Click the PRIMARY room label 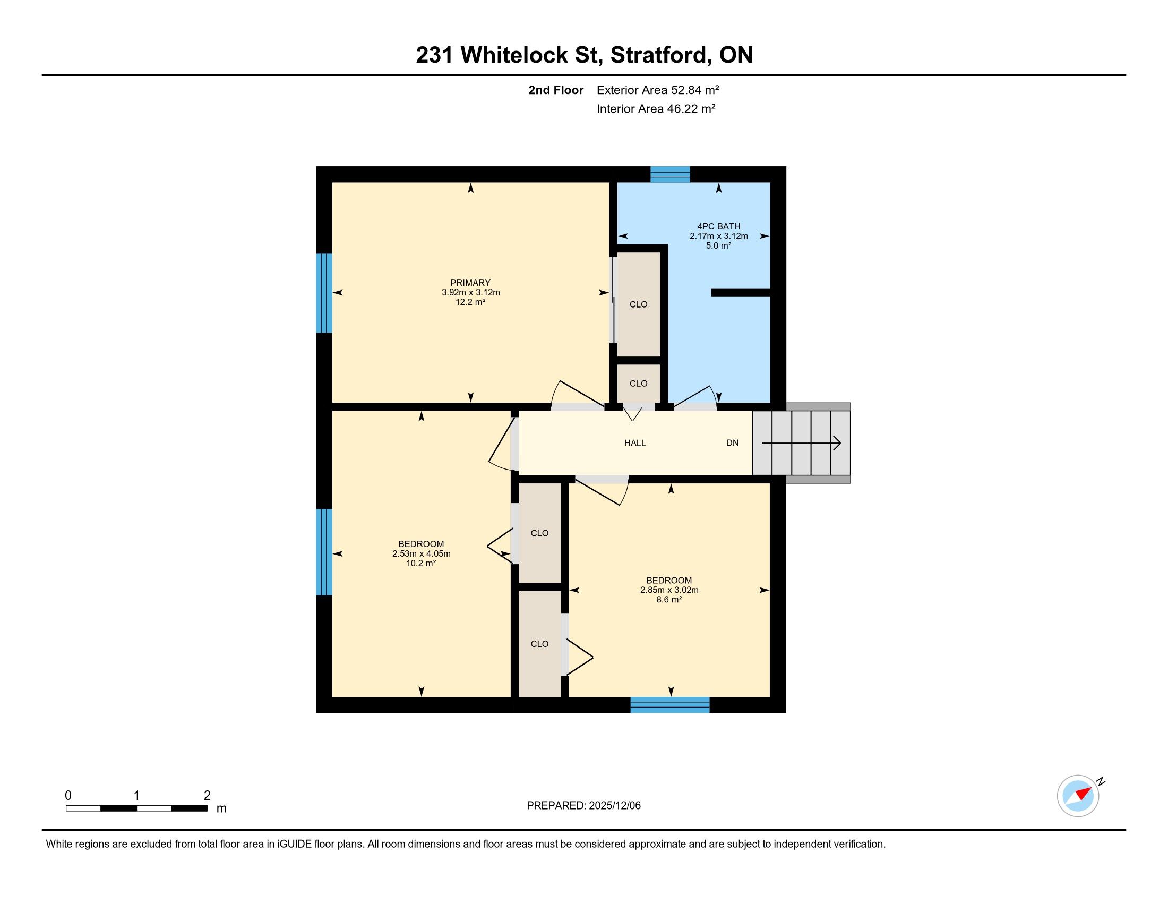[x=470, y=283]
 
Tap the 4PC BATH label [x=719, y=226]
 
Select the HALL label [x=635, y=443]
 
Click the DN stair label [x=732, y=443]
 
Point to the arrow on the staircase [x=801, y=444]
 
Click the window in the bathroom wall [x=670, y=174]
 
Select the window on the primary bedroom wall [x=324, y=293]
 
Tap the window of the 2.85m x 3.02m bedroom [x=670, y=705]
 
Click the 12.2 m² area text [x=470, y=302]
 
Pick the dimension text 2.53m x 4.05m [x=422, y=553]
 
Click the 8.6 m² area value [x=669, y=600]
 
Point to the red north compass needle [x=1084, y=793]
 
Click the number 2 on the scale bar [x=207, y=796]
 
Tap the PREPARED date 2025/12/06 [x=614, y=806]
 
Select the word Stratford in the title [x=660, y=55]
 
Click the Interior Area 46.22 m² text [x=656, y=109]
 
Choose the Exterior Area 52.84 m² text [x=658, y=90]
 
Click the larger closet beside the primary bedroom [x=639, y=304]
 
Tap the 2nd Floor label [x=556, y=90]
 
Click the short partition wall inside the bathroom [x=741, y=293]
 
